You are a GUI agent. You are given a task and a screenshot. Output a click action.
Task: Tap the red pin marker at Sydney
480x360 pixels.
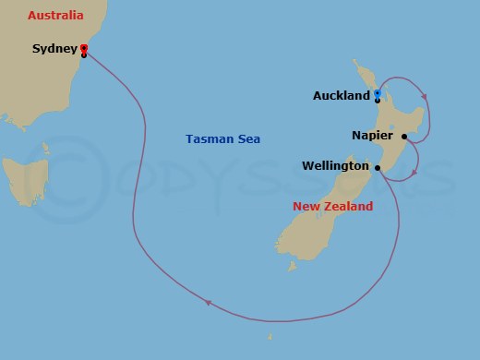point(84,48)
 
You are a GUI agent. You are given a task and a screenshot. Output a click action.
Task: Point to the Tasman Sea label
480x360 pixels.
point(222,138)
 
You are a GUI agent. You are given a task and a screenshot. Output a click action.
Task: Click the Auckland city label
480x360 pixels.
point(342,95)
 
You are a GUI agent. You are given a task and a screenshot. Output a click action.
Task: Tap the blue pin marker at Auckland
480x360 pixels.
point(378,93)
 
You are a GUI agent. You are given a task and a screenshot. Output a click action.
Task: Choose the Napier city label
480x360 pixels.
point(372,136)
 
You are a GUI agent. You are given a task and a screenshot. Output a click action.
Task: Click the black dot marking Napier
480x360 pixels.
point(403,137)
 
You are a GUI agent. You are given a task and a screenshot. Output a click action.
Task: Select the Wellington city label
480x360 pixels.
point(335,166)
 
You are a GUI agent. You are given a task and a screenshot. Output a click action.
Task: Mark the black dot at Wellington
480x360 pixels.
point(377,167)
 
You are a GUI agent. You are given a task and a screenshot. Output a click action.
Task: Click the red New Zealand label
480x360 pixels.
point(332,206)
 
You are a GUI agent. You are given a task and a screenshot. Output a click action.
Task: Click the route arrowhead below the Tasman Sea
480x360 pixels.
point(208,302)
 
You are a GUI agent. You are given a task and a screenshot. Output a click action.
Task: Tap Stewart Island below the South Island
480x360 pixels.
point(291,268)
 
